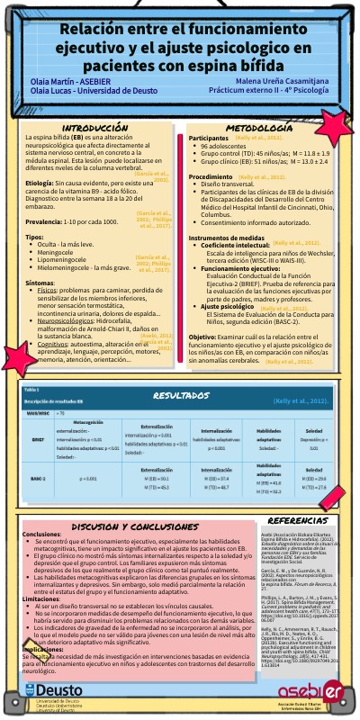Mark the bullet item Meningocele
pos(56,254)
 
